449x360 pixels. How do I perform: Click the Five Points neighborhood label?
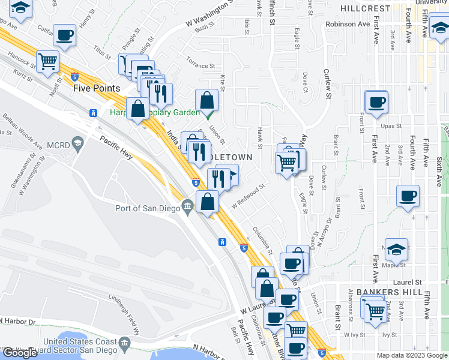pyautogui.click(x=97, y=88)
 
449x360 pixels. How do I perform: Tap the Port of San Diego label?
pyautogui.click(x=148, y=208)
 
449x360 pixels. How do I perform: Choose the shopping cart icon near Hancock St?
pyautogui.click(x=47, y=61)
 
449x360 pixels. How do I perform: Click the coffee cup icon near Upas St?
pyautogui.click(x=376, y=101)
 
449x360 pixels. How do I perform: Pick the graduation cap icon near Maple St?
pyautogui.click(x=396, y=248)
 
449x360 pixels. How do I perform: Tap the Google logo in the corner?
pyautogui.click(x=20, y=353)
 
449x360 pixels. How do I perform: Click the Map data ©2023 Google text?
pyautogui.click(x=412, y=355)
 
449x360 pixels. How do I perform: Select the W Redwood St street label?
pyautogui.click(x=248, y=197)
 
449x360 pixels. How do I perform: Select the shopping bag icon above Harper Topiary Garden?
pyautogui.click(x=206, y=100)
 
